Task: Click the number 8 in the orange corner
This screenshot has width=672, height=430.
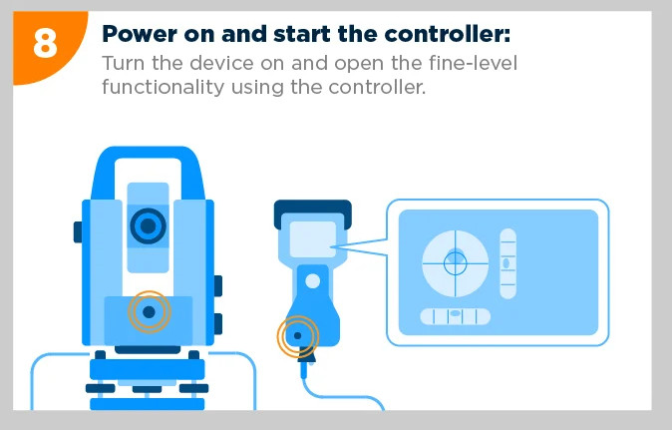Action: pos(45,44)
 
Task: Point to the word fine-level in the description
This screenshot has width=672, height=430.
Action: pos(474,63)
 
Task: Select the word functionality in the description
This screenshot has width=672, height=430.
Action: pos(164,87)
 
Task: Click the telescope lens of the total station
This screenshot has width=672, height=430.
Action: pos(148,225)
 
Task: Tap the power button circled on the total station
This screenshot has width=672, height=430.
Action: pos(149,311)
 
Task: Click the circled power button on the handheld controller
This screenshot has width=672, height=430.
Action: pos(297,335)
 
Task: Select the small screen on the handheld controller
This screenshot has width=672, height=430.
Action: pos(313,238)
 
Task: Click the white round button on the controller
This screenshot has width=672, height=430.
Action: pos(312,281)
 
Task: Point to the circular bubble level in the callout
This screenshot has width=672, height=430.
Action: pos(455,263)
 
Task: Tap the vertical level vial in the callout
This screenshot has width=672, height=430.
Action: pos(507,263)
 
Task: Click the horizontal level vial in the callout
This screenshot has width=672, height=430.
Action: pos(455,316)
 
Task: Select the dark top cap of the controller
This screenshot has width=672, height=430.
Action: pos(312,214)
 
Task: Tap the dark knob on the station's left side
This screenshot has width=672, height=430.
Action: pos(78,231)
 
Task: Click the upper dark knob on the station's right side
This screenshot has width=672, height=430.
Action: pos(217,286)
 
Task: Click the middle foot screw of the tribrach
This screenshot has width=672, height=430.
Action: pos(147,389)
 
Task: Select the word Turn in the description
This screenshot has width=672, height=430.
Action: pos(123,63)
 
